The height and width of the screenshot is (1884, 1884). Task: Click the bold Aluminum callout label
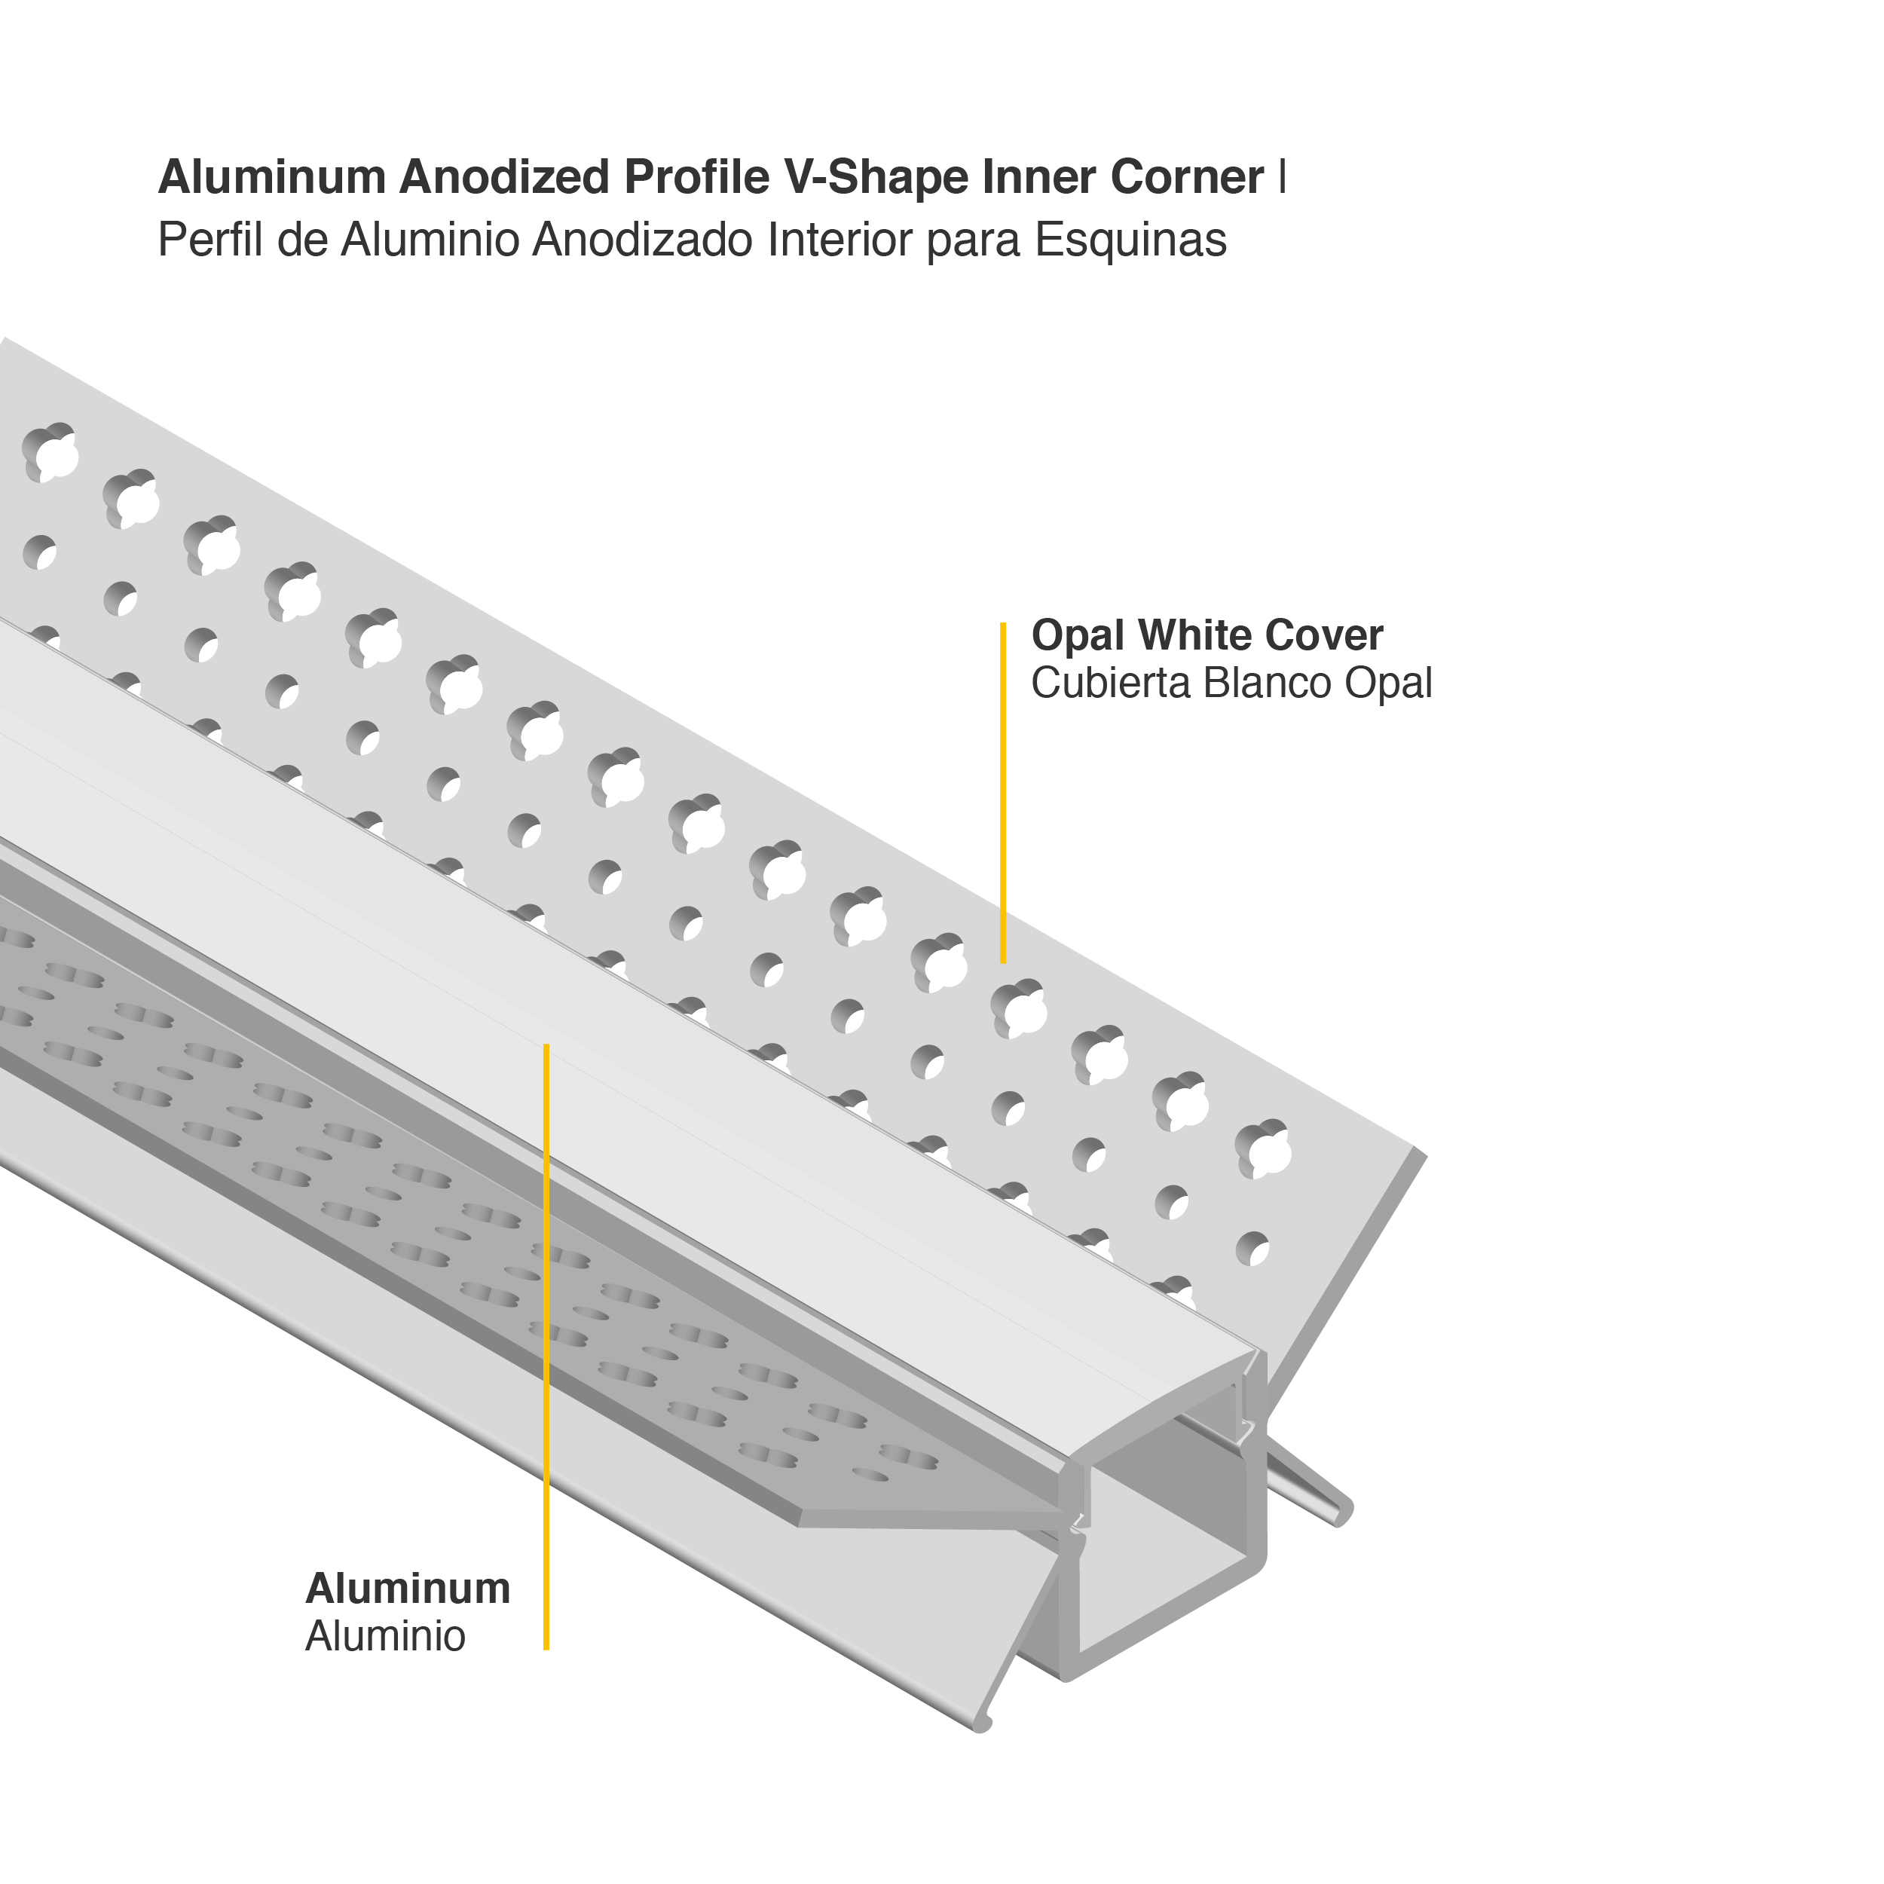[408, 1589]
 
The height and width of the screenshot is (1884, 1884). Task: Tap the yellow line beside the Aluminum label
[546, 1346]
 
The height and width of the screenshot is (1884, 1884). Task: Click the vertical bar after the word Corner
[1283, 178]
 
